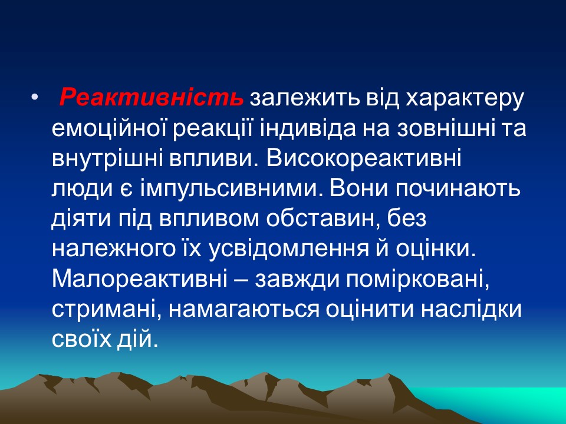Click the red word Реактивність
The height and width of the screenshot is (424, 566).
click(151, 98)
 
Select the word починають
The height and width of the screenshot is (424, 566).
click(454, 190)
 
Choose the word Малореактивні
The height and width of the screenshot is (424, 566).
click(145, 280)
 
